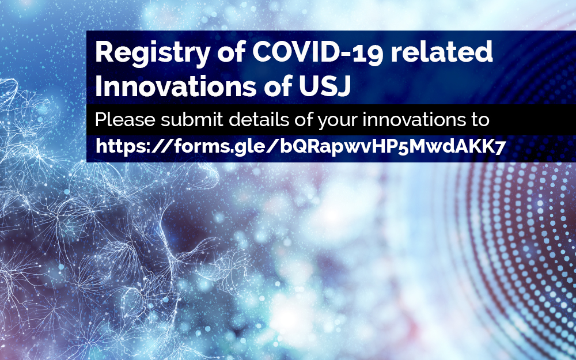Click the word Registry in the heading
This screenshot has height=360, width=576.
pyautogui.click(x=153, y=54)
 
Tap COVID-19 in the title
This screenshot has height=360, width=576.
pyautogui.click(x=318, y=52)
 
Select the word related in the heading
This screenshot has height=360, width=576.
pyautogui.click(x=442, y=52)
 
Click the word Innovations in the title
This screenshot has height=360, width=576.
pyautogui.click(x=175, y=86)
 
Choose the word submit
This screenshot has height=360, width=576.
pyautogui.click(x=192, y=119)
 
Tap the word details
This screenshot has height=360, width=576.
pyautogui.click(x=259, y=119)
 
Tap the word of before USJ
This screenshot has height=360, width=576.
pyautogui.click(x=276, y=86)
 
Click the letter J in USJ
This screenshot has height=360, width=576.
pyautogui.click(x=344, y=86)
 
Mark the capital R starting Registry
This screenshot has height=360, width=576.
pyautogui.click(x=104, y=52)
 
